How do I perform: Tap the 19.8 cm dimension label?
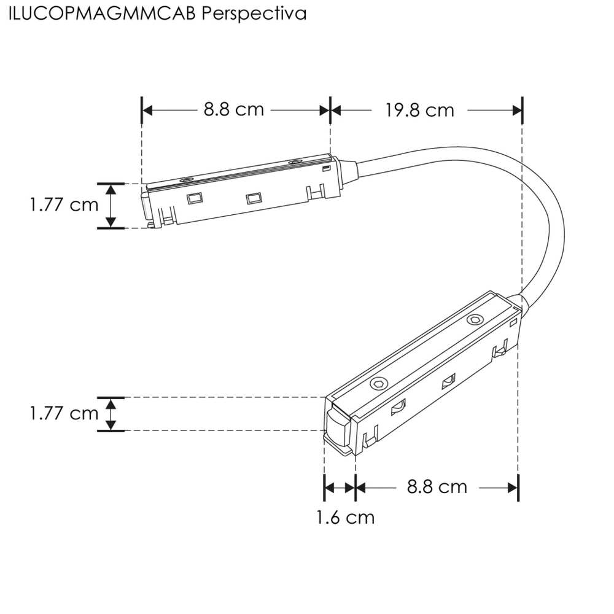[x=420, y=110]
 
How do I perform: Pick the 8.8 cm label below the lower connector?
[x=437, y=487]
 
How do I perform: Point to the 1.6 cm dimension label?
[x=345, y=518]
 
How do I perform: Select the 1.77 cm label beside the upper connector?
[x=64, y=204]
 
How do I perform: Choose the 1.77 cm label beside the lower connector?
[x=64, y=413]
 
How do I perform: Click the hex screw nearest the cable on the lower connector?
[x=474, y=321]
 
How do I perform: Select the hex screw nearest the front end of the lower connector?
[x=377, y=384]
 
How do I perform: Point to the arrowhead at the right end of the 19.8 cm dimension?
[x=516, y=110]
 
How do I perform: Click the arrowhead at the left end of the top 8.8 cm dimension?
[x=147, y=110]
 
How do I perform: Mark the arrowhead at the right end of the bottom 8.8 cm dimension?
[x=513, y=488]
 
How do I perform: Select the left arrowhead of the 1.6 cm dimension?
[x=329, y=488]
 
